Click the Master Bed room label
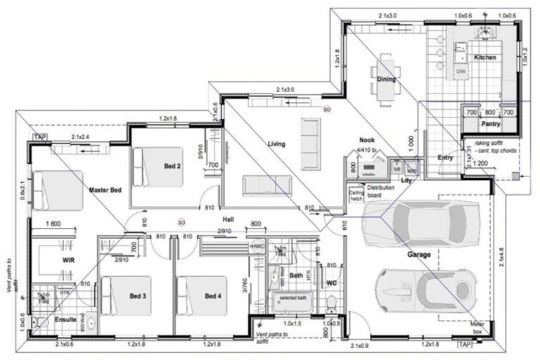[105, 190]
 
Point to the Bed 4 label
[213, 297]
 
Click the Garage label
[419, 254]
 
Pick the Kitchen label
[484, 57]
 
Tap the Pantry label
[490, 124]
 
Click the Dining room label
[385, 79]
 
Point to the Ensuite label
[67, 319]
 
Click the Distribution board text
[380, 192]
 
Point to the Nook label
[366, 140]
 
